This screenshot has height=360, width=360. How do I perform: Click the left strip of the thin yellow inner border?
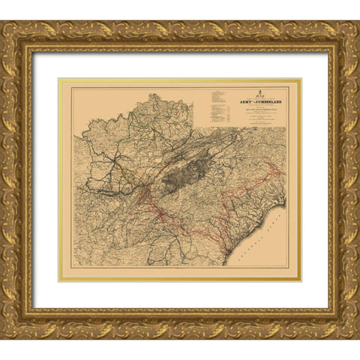[61, 180]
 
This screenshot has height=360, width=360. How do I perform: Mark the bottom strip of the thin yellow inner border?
[180, 280]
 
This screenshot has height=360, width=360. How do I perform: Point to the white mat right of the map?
[315, 180]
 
